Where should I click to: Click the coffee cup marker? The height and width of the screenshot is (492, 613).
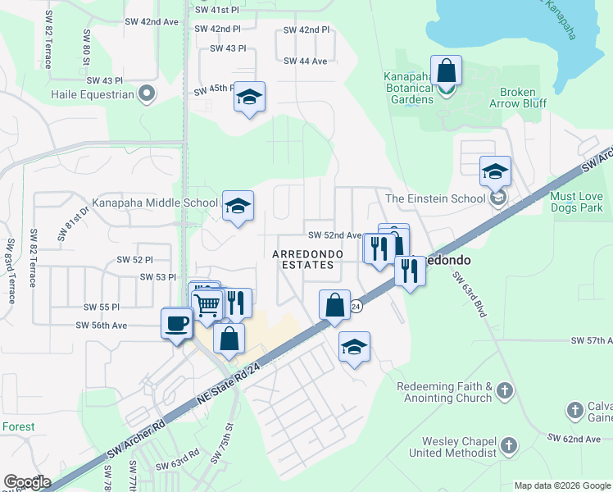pyautogui.click(x=176, y=323)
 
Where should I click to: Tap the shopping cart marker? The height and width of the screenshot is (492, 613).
pyautogui.click(x=208, y=304)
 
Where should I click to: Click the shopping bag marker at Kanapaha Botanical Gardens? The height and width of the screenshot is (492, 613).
pyautogui.click(x=446, y=72)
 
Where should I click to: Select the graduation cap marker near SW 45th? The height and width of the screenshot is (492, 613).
pyautogui.click(x=249, y=98)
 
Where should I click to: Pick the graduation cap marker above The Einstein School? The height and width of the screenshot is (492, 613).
pyautogui.click(x=495, y=172)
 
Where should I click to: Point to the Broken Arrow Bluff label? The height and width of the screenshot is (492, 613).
pyautogui.click(x=516, y=98)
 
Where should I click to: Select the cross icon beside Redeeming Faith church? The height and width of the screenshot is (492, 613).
pyautogui.click(x=506, y=391)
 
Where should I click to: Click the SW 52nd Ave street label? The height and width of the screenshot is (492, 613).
pyautogui.click(x=334, y=235)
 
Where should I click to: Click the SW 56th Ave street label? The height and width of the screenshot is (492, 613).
pyautogui.click(x=102, y=325)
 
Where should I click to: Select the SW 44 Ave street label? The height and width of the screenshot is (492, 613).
pyautogui.click(x=305, y=61)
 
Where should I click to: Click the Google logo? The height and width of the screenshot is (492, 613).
pyautogui.click(x=27, y=482)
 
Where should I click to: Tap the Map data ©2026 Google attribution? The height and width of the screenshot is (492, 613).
pyautogui.click(x=561, y=485)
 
